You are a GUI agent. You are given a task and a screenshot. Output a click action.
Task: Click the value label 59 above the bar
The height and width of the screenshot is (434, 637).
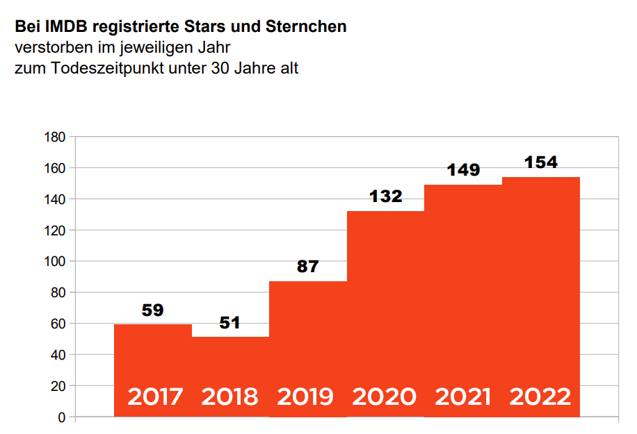152,310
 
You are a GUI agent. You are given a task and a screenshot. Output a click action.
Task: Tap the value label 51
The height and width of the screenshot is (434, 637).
230,323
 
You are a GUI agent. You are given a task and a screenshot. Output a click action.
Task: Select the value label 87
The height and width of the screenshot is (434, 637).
307,266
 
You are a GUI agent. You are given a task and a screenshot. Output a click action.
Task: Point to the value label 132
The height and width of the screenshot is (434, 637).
385,197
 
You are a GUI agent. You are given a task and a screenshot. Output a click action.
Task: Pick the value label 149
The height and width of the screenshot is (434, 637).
462,170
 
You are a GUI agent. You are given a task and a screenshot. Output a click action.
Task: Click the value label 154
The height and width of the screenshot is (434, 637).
540,162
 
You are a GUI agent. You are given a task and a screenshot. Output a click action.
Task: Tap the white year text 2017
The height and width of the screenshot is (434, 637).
155,397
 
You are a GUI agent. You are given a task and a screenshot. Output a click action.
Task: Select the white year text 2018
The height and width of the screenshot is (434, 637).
229,397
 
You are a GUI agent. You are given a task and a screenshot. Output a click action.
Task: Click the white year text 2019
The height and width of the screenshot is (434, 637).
305,397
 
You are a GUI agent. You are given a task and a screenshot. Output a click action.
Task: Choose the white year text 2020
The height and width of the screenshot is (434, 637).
385,397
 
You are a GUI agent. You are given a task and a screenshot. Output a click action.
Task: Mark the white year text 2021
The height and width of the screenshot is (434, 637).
462,397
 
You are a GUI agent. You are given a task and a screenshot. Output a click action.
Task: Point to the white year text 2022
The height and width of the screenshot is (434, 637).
540,397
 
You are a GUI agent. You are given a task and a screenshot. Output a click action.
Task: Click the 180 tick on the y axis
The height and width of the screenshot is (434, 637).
56,137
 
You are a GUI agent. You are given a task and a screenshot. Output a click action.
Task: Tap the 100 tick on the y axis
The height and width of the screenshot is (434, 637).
56,262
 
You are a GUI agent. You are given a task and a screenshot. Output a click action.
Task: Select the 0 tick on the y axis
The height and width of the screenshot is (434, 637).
62,417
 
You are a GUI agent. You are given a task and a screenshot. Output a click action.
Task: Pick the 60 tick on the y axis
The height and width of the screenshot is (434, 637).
59,324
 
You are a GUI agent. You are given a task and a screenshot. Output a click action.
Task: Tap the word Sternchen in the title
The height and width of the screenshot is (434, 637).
306,28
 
